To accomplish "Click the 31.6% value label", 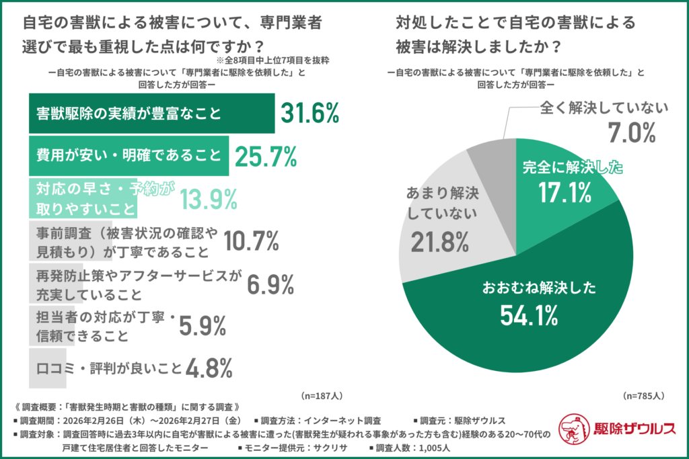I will (x=309, y=114).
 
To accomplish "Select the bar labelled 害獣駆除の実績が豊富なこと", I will (x=151, y=114).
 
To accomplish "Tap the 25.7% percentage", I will (x=266, y=156).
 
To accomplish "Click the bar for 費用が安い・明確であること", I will (x=128, y=156).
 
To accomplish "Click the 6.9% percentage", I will (x=270, y=284).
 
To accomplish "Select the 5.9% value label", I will (x=201, y=326).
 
